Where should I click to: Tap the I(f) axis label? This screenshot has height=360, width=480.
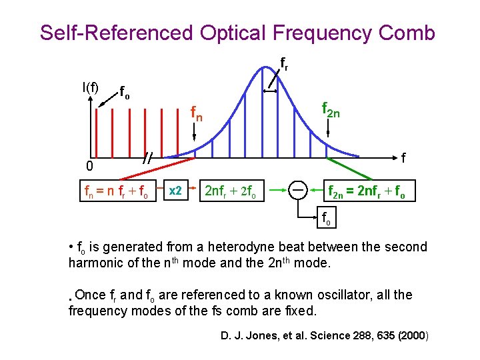click(89, 87)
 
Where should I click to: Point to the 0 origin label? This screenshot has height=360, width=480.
click(79, 165)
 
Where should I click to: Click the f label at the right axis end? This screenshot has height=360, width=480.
click(404, 157)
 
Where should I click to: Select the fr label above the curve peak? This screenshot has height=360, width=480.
click(283, 64)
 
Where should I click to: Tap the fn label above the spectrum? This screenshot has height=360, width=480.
click(197, 115)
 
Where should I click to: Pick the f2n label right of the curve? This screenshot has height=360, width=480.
click(331, 109)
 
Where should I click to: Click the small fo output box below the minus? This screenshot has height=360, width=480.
click(326, 218)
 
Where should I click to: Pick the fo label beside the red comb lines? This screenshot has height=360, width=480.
click(124, 91)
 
